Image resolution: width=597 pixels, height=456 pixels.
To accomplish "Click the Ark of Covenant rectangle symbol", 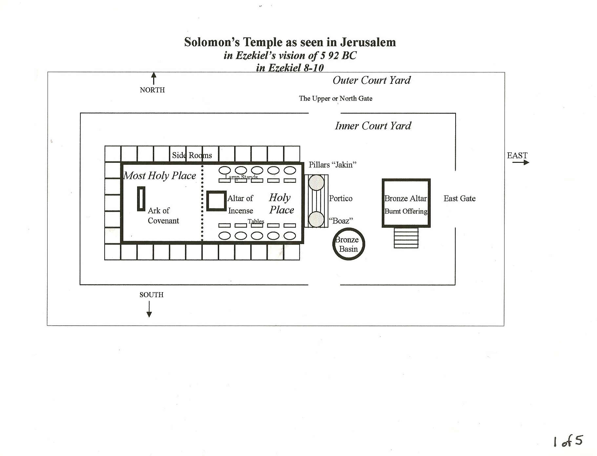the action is tap(141, 199).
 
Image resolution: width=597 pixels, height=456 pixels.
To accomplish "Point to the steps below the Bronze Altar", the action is tap(406, 238).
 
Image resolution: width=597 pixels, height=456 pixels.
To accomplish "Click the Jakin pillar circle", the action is tap(317, 183).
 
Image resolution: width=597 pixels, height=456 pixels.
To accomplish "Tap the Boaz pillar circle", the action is tap(317, 219).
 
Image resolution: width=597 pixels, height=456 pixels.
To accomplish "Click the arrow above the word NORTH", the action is tap(154, 78).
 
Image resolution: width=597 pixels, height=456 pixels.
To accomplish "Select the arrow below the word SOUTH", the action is tap(149, 309).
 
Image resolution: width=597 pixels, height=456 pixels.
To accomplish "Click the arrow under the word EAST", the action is tap(521, 162).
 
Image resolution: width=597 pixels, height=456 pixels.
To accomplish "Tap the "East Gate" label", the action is tap(460, 198).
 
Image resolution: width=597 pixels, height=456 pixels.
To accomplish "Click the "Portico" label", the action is tap(341, 199).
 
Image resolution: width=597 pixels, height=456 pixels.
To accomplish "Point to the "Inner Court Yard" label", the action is tap(373, 126).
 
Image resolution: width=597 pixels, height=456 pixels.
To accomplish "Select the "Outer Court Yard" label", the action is tap(372, 80).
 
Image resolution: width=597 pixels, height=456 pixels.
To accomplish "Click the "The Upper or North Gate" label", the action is tap(336, 98).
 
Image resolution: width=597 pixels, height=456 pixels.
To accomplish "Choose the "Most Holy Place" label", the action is tap(160, 176).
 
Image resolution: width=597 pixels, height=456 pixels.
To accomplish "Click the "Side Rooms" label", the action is tap(192, 155).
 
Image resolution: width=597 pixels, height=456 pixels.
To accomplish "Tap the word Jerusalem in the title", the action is tap(368, 42).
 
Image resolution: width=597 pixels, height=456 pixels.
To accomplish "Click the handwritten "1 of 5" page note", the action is tap(568, 441).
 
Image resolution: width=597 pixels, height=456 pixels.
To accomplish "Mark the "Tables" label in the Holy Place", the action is tap(256, 221).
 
